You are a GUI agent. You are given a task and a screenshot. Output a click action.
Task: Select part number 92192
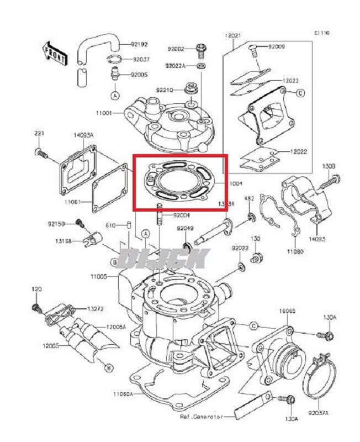(x=140, y=44)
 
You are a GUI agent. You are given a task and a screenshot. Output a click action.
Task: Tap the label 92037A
(x=319, y=413)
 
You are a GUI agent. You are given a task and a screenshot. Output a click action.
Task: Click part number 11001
(x=103, y=113)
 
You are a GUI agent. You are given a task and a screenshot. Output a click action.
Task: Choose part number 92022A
(x=177, y=66)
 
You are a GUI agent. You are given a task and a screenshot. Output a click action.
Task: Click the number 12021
(x=232, y=35)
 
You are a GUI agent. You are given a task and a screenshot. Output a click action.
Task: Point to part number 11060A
(x=124, y=394)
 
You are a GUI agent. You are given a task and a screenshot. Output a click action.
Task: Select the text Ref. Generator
(x=205, y=416)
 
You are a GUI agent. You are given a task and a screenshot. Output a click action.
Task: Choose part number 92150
(x=56, y=224)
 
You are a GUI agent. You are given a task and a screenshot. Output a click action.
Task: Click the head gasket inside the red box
(x=177, y=182)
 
